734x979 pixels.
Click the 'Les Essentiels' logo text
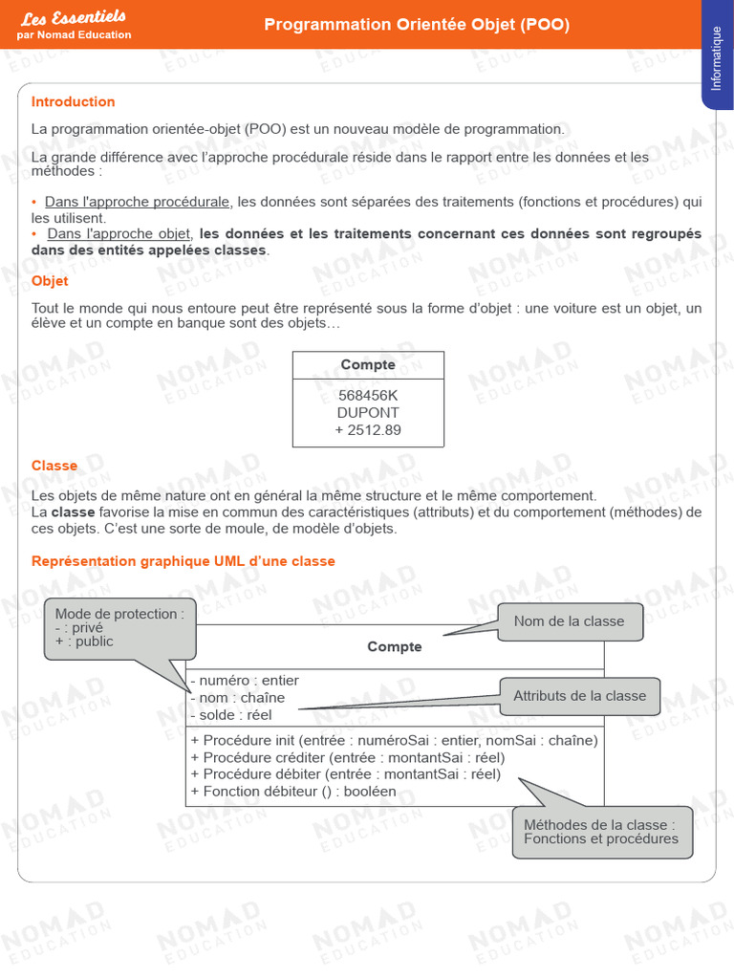(74, 18)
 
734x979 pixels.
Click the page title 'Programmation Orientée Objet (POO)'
(416, 25)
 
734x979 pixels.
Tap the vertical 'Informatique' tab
(717, 59)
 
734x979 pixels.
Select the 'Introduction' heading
(73, 102)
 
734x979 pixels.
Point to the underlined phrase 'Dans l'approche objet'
(119, 233)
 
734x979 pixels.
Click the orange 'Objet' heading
(50, 281)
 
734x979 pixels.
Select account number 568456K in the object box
(368, 396)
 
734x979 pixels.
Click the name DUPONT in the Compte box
(368, 413)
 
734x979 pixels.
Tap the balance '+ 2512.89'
(368, 430)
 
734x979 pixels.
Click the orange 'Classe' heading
(54, 466)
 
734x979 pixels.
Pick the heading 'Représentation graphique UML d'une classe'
(183, 561)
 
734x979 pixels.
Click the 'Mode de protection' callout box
(119, 628)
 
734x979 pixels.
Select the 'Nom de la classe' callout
(569, 621)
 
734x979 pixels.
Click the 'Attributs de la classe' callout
(579, 696)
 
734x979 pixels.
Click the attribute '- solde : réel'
(231, 715)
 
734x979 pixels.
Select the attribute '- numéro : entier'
(245, 681)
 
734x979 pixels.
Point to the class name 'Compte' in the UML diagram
(394, 647)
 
